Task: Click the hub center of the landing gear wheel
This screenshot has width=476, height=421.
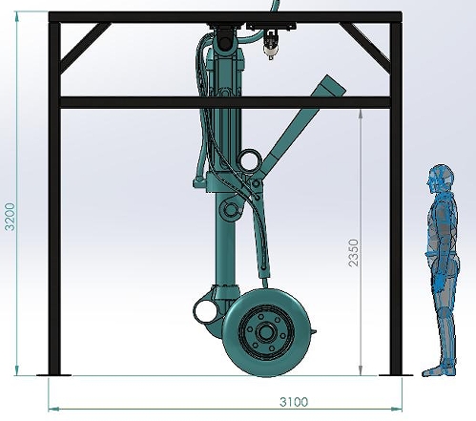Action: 264,331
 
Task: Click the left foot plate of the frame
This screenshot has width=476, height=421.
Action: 52,373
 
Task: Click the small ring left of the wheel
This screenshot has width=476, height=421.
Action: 204,309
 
